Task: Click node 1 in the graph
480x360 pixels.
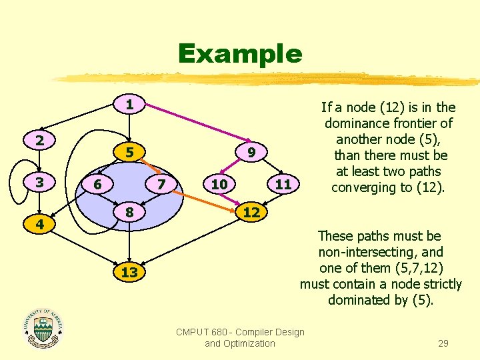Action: (130, 105)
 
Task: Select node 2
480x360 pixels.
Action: (41, 141)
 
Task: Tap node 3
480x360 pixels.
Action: (41, 183)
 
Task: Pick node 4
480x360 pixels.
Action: (41, 225)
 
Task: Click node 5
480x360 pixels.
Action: (130, 153)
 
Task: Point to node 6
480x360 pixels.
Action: (97, 183)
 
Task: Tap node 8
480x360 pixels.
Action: (130, 213)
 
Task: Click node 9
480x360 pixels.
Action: (251, 153)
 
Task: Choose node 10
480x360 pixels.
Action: (219, 183)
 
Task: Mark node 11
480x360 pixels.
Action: (283, 183)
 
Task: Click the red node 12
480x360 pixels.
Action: (251, 213)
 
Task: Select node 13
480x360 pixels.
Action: (130, 273)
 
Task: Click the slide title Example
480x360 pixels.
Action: (239, 53)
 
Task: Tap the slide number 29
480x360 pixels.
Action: (443, 343)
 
